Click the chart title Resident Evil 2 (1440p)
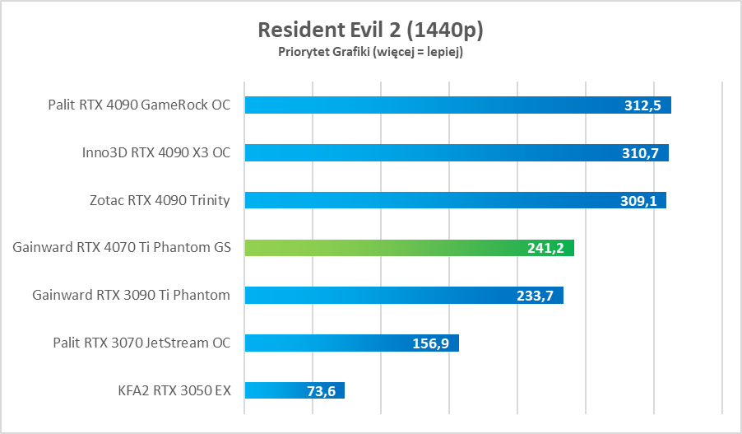(370, 30)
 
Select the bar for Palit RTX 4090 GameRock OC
(428, 105)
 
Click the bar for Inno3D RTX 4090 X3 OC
(428, 152)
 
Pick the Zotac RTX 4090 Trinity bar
(428, 200)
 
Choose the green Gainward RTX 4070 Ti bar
(387, 248)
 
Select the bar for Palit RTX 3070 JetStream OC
(329, 343)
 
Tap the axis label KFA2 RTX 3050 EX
(174, 390)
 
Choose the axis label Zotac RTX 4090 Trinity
(160, 200)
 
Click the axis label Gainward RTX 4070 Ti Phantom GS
(122, 248)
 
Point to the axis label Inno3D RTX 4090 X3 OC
(156, 152)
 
